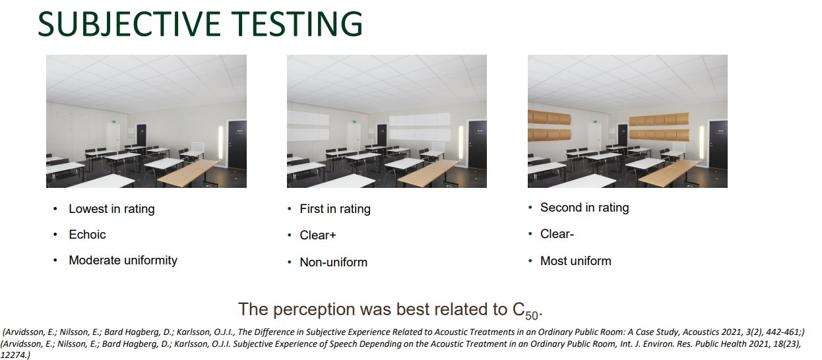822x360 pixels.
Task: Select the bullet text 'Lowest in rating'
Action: (111, 209)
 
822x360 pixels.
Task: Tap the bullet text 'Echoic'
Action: (87, 235)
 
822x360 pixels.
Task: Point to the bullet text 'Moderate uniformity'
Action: (123, 260)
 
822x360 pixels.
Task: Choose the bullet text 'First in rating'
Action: (335, 209)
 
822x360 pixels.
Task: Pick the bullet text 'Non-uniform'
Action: (333, 262)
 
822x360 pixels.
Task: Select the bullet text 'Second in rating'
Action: (585, 208)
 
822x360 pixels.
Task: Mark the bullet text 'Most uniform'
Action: (575, 261)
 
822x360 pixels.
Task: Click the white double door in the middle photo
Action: (355, 138)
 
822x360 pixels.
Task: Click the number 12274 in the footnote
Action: (13, 355)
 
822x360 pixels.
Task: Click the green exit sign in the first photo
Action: (113, 121)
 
